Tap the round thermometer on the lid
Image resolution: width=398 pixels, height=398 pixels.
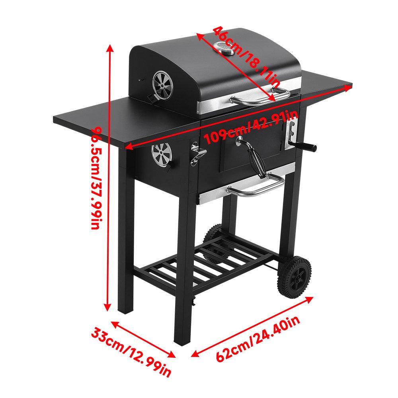click(x=224, y=49)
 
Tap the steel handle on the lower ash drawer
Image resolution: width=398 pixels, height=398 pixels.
click(x=255, y=187)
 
